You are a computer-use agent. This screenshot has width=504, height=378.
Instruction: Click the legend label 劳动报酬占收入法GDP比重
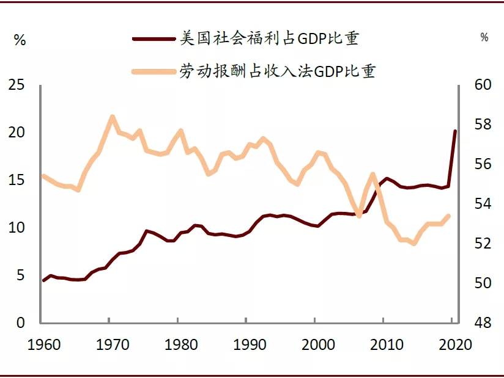pos(276,71)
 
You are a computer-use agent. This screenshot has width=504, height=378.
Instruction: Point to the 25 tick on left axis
pos(17,85)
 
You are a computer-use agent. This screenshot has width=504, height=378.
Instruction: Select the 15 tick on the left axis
pos(17,180)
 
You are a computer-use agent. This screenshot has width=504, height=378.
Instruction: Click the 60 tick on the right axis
pos(483,85)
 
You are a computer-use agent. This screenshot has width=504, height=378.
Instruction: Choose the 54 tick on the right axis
pos(483,204)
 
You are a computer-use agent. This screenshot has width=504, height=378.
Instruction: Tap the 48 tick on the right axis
pos(483,323)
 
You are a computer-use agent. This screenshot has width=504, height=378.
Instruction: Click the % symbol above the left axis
pos(20,41)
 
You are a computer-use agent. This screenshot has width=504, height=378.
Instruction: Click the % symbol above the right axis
pos(484,38)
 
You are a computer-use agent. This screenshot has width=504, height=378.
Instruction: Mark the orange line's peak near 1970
pos(112,116)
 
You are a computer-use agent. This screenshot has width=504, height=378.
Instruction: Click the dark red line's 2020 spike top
pos(454,131)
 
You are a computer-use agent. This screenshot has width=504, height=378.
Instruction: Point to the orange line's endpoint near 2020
pos(449,216)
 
